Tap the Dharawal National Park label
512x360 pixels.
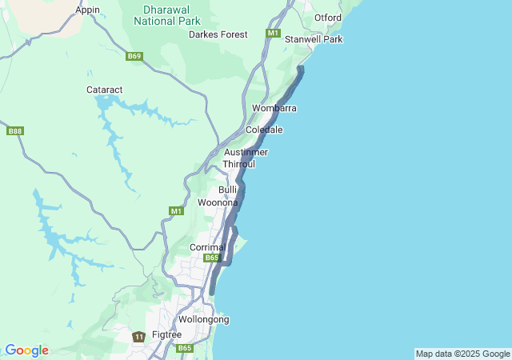(171, 15)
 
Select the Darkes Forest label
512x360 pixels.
(218, 34)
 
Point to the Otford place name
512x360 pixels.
(328, 18)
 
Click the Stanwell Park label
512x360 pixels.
(314, 39)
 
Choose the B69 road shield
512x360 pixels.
(134, 56)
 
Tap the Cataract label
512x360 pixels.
(104, 90)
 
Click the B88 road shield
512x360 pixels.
(14, 130)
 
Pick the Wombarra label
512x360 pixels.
(274, 108)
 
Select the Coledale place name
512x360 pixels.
(264, 130)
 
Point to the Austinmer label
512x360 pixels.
(246, 152)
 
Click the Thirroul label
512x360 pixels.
(238, 164)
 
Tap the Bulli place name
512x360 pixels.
(228, 190)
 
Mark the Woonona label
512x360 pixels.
(218, 202)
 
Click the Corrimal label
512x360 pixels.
(207, 248)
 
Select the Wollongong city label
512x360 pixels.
(203, 319)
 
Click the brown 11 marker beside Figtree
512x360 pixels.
(139, 337)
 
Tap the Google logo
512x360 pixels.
(26, 350)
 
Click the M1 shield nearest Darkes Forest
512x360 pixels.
(274, 34)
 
